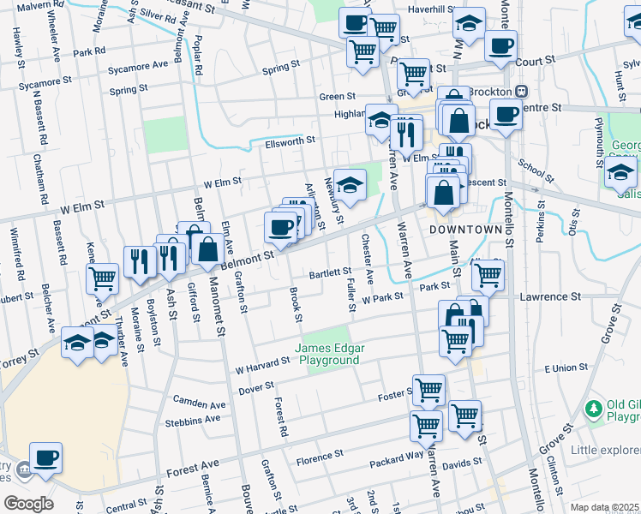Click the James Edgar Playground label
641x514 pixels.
327,354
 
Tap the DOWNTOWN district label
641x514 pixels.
464,231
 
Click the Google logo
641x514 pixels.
28,504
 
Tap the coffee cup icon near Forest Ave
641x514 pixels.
45,457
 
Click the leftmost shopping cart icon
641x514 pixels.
103,278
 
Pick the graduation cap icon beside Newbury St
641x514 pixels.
350,183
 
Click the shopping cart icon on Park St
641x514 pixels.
488,274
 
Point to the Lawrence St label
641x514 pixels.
551,296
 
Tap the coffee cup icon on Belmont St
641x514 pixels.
280,227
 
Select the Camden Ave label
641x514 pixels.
199,403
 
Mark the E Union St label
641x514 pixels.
566,368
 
